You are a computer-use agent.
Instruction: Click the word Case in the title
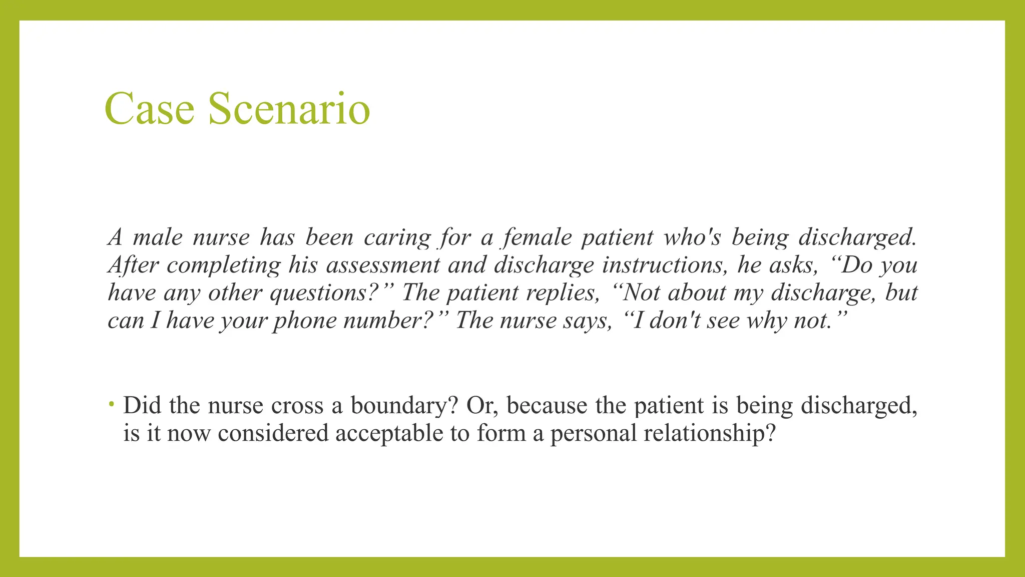click(149, 109)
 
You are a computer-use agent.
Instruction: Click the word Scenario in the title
click(289, 109)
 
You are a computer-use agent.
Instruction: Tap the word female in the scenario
click(537, 237)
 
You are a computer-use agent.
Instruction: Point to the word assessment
click(383, 265)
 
